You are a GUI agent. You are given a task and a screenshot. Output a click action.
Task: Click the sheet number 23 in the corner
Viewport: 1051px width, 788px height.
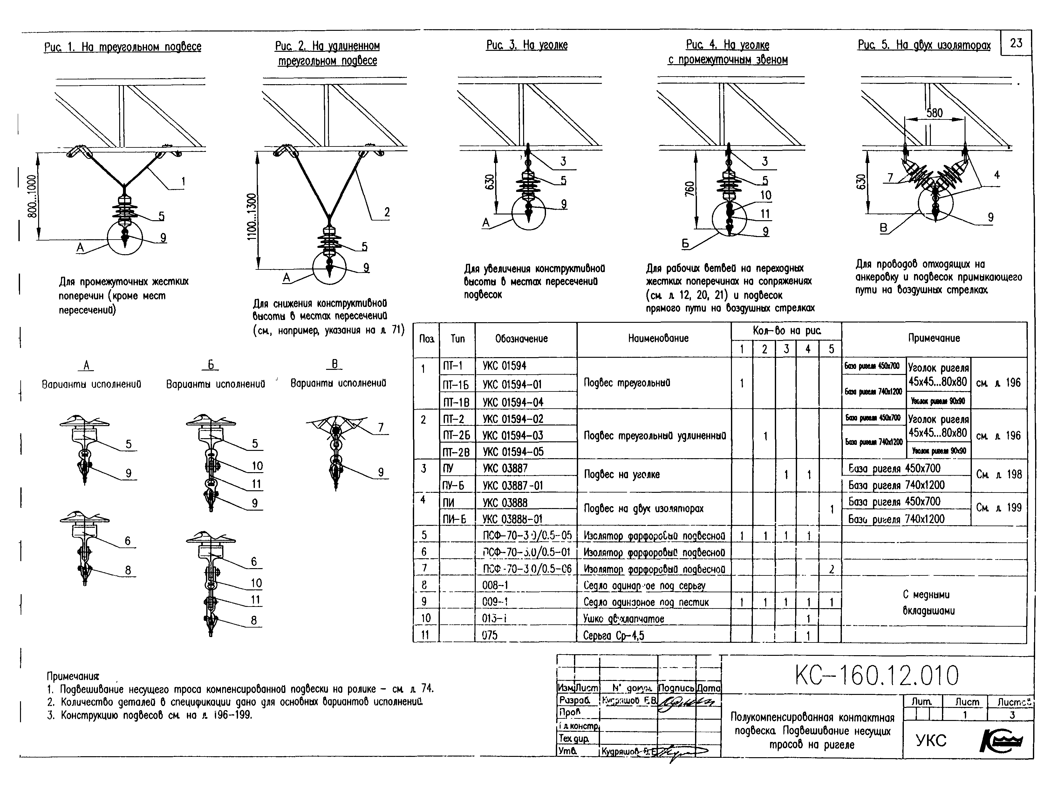click(1016, 43)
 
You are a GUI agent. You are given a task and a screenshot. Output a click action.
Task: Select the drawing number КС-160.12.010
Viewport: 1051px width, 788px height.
click(877, 676)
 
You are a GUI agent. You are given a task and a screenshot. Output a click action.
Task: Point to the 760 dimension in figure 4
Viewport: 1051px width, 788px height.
click(690, 188)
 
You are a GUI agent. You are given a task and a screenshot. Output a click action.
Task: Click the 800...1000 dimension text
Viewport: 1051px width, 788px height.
click(32, 196)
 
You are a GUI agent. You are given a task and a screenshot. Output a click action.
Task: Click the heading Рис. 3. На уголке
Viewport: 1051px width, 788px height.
click(526, 45)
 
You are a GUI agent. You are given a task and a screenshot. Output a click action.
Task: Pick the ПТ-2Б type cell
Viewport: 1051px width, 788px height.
click(456, 435)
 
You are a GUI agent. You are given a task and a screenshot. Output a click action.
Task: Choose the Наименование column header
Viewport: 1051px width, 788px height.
click(658, 338)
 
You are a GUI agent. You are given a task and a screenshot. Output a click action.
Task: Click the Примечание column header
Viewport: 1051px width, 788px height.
click(934, 338)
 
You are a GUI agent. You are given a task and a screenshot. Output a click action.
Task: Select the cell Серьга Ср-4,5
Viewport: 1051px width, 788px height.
click(613, 635)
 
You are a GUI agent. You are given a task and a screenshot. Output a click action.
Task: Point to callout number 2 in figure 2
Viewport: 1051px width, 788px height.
click(387, 212)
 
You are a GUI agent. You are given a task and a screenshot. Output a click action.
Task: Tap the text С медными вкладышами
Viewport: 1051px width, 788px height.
click(928, 603)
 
